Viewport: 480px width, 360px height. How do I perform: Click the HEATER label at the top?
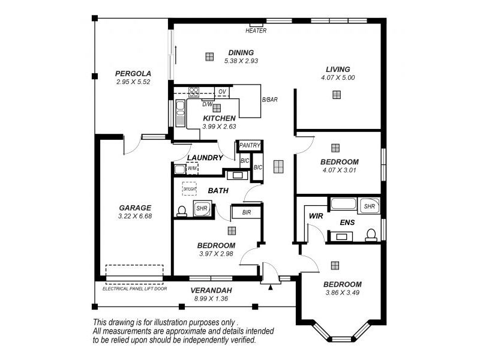tap(256, 31)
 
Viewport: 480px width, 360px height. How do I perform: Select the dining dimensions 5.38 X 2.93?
tap(241, 61)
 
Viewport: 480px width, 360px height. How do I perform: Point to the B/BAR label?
tap(269, 100)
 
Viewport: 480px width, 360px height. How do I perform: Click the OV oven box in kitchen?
tap(222, 92)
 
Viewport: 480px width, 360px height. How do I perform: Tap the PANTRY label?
tap(249, 145)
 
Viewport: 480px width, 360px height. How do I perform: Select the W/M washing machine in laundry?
tap(191, 169)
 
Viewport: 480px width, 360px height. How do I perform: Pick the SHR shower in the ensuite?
tap(368, 206)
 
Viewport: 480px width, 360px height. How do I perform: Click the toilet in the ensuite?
tap(371, 234)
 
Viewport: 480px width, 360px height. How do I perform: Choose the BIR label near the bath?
tap(247, 212)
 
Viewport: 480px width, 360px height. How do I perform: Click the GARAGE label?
tap(134, 208)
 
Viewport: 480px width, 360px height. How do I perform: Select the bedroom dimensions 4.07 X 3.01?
tap(340, 170)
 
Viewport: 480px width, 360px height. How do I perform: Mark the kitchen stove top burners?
tap(194, 92)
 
